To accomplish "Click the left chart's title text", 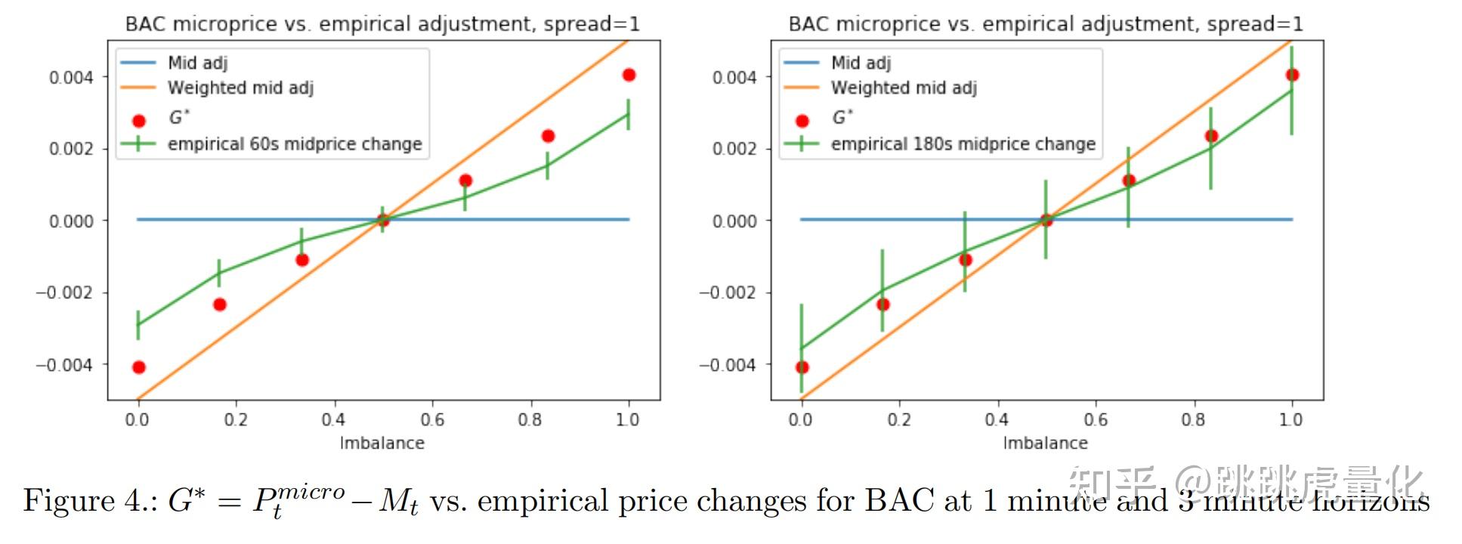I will click(x=382, y=24).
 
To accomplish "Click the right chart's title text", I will click(x=1046, y=24).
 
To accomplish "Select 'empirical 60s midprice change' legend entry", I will click(x=295, y=144).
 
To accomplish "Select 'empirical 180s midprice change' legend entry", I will click(x=963, y=144).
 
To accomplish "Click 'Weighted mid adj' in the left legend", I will click(x=240, y=88).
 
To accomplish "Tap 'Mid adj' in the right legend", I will click(x=861, y=63).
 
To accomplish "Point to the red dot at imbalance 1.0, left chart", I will click(x=629, y=75).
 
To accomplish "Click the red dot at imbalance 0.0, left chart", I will click(x=138, y=367).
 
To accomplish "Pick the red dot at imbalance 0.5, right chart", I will click(x=1046, y=220).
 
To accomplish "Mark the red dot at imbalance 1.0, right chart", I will click(x=1292, y=75).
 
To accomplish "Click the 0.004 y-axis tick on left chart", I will click(x=71, y=78).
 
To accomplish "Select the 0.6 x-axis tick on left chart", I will click(x=432, y=419).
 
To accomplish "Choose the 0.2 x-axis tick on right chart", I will click(x=899, y=419).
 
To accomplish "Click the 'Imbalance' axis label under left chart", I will click(x=382, y=443).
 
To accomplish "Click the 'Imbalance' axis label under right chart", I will click(x=1045, y=443).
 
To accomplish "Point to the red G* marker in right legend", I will click(x=802, y=120).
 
